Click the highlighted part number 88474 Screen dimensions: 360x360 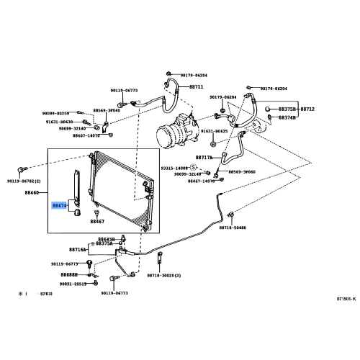point(58,205)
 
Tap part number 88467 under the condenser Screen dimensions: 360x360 point(98,222)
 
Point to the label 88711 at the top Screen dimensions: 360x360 point(197,86)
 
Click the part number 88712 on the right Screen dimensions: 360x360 point(307,109)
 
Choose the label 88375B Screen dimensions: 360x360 point(287,109)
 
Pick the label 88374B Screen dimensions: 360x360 point(287,117)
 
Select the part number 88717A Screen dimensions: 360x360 point(204,157)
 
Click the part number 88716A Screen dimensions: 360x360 point(77,249)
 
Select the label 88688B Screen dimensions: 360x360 point(69,274)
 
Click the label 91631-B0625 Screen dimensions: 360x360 point(214,131)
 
